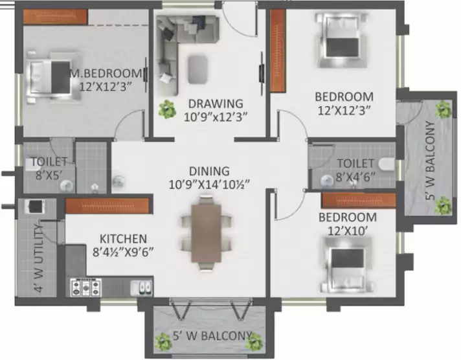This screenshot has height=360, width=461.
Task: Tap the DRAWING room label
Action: point(215,104)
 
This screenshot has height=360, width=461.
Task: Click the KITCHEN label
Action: point(123,239)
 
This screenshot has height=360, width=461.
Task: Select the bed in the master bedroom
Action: point(46,79)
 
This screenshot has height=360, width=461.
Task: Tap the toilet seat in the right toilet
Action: point(386,164)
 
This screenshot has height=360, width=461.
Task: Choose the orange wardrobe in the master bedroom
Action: point(46,16)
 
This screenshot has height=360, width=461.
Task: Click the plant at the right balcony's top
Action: point(443,109)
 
